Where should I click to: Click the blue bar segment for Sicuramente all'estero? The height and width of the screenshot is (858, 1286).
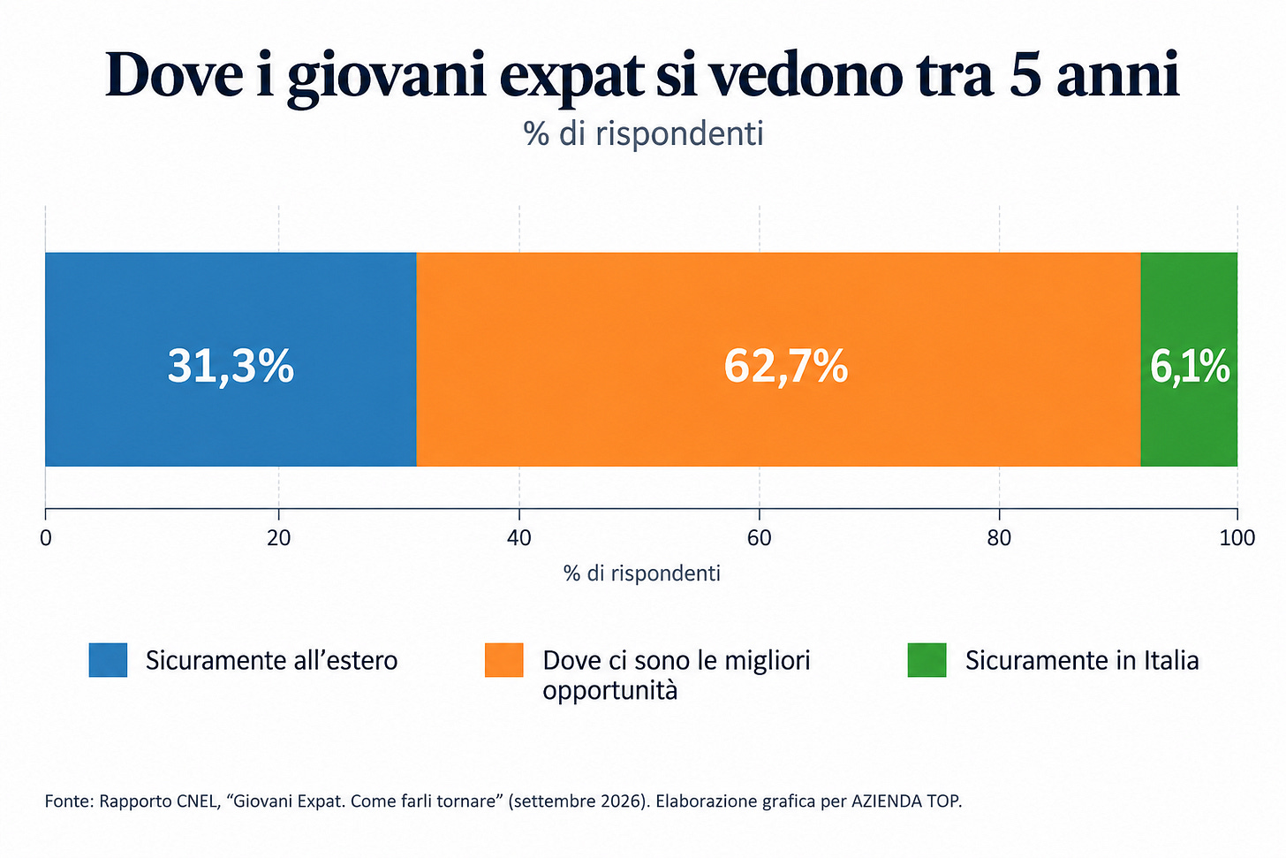click(x=231, y=360)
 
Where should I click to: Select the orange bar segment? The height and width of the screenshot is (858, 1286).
click(x=778, y=360)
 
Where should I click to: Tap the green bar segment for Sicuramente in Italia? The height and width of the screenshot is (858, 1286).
click(x=1189, y=360)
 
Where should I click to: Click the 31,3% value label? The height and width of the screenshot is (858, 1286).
click(x=231, y=367)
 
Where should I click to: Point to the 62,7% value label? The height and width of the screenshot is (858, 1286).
click(x=785, y=367)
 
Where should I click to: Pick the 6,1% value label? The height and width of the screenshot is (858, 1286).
click(x=1190, y=367)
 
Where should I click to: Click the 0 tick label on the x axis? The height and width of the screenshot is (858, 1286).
click(x=45, y=538)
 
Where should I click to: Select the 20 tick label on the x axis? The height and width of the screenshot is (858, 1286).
click(x=278, y=538)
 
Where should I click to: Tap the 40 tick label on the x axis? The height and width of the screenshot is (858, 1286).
click(x=519, y=538)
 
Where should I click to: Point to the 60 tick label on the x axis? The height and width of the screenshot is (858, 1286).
click(x=759, y=538)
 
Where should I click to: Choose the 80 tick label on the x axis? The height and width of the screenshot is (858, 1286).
click(x=999, y=538)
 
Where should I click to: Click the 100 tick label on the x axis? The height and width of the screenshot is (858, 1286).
click(x=1237, y=538)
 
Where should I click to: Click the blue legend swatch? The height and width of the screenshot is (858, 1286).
click(x=108, y=660)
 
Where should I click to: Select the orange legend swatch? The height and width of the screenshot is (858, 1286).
click(x=504, y=660)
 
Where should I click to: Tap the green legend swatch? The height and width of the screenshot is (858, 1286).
click(x=927, y=660)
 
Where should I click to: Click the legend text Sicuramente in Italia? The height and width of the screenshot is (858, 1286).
click(x=1082, y=661)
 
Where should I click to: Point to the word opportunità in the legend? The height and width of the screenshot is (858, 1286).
click(x=610, y=691)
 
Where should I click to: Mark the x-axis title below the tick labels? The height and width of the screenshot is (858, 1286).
click(x=642, y=573)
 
